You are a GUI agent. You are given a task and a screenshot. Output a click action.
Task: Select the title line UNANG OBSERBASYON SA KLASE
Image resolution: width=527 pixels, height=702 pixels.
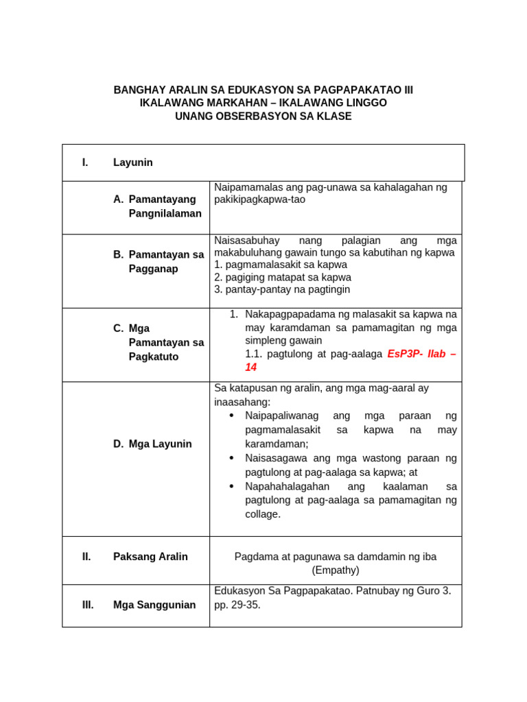tap(263, 117)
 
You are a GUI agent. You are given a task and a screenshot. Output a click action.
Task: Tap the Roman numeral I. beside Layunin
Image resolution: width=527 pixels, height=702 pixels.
tap(85, 162)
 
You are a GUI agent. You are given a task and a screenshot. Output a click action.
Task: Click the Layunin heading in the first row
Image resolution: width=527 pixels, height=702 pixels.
tap(133, 162)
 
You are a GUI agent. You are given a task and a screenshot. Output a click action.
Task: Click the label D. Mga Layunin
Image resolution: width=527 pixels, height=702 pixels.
tap(152, 444)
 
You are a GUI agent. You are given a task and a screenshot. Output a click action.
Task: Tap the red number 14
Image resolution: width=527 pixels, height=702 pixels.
tap(251, 367)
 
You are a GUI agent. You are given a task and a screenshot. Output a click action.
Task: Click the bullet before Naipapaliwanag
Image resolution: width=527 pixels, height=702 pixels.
tap(232, 415)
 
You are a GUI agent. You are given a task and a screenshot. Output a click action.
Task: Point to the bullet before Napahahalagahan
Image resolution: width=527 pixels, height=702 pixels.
tap(232, 486)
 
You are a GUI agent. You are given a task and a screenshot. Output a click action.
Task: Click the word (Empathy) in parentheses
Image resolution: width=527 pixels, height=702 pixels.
tap(336, 570)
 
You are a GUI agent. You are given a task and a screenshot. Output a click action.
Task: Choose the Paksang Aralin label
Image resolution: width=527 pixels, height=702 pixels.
tap(150, 557)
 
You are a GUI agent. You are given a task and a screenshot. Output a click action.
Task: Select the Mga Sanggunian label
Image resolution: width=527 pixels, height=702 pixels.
tap(154, 605)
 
